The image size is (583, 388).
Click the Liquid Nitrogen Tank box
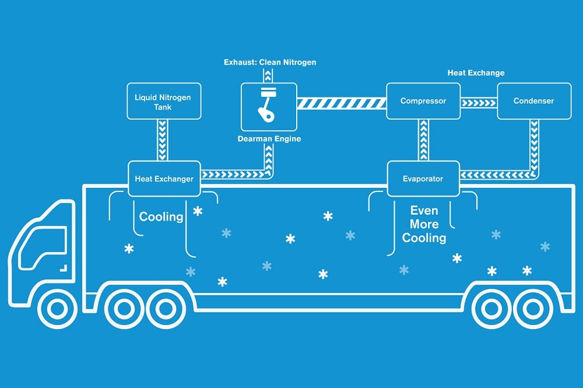(x=164, y=101)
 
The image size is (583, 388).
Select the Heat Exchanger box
(x=164, y=179)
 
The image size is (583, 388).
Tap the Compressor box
(x=423, y=101)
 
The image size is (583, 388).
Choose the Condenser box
(x=534, y=101)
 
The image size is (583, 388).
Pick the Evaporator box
(x=423, y=179)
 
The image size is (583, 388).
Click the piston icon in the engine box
(x=267, y=104)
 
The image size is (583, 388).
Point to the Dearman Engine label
(x=269, y=139)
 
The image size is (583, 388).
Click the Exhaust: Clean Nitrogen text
(x=270, y=62)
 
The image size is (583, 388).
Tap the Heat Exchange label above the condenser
(x=476, y=73)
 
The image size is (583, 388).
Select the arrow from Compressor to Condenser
(x=479, y=102)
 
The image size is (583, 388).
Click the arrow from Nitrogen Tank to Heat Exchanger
(x=163, y=140)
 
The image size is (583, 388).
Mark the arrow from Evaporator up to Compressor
(x=423, y=140)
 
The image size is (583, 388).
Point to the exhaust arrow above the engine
(x=268, y=75)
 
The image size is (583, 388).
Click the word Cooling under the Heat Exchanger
(x=161, y=216)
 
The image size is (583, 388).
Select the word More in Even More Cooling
(x=424, y=224)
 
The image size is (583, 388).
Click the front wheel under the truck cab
(x=57, y=308)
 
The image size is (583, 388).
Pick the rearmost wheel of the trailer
(x=533, y=308)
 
